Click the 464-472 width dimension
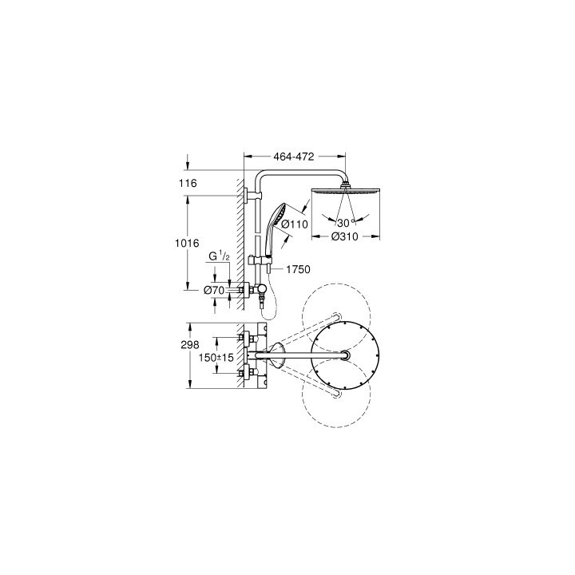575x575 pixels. coord(294,157)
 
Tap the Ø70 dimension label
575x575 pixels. coord(213,290)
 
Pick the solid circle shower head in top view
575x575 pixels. coord(345,356)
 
